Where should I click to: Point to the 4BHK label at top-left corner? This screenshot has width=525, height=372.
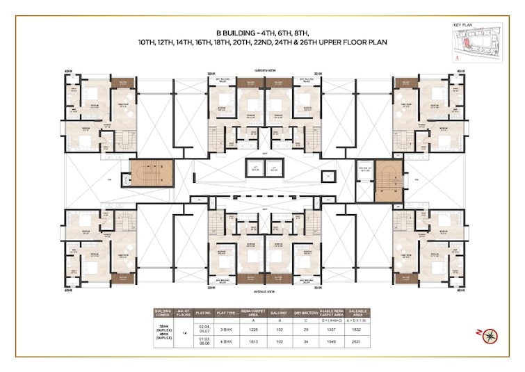(68, 72)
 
